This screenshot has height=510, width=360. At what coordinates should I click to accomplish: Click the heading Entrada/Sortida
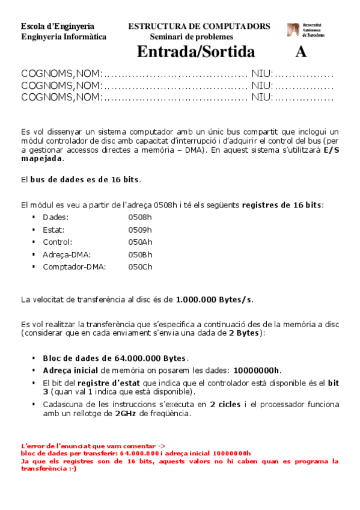click(x=195, y=52)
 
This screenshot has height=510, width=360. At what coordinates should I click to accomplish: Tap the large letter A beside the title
click(x=301, y=52)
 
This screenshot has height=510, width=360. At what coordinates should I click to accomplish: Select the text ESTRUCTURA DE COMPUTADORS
click(x=199, y=26)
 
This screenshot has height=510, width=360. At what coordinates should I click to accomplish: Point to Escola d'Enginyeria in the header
click(x=57, y=26)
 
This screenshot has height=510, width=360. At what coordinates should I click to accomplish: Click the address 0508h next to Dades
click(x=140, y=217)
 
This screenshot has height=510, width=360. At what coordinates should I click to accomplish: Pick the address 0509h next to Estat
click(x=140, y=230)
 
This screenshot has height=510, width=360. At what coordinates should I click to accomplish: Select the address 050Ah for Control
click(x=140, y=242)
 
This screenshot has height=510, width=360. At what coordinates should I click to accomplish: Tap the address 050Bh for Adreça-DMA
click(x=140, y=254)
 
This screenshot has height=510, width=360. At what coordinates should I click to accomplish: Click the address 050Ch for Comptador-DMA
click(x=140, y=266)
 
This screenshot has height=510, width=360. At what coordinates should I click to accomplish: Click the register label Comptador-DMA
click(x=74, y=266)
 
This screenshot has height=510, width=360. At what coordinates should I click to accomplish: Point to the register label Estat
click(x=53, y=230)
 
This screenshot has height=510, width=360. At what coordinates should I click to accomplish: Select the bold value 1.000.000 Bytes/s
click(x=213, y=299)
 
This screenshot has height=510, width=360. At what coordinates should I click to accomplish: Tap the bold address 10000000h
click(x=257, y=370)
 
